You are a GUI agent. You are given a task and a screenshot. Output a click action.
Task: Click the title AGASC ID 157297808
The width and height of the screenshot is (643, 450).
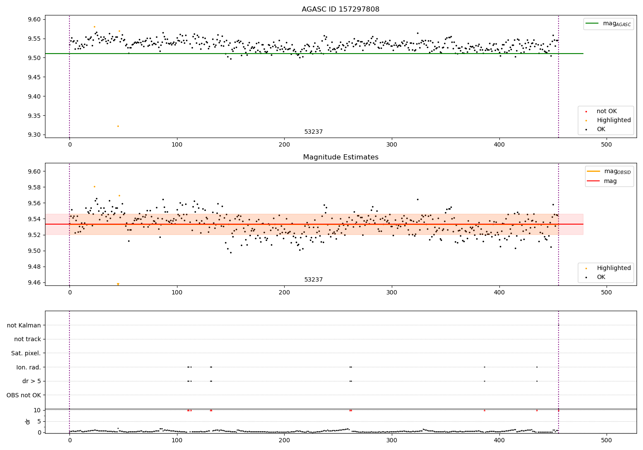[340, 9]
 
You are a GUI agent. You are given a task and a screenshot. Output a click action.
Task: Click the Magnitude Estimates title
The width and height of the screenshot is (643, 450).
[340, 157]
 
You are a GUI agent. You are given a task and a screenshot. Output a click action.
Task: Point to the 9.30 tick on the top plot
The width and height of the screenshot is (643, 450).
[34, 135]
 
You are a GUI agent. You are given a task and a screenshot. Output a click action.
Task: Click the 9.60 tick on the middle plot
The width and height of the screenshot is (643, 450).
[34, 171]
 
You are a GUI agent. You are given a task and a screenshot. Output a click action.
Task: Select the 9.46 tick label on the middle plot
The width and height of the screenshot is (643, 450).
[34, 282]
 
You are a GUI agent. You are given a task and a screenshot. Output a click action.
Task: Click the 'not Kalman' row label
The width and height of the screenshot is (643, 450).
[24, 325]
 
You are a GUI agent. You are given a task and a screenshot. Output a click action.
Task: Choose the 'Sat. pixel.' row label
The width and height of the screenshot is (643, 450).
[26, 353]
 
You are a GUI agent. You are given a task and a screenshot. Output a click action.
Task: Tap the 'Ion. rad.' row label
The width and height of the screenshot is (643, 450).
[28, 367]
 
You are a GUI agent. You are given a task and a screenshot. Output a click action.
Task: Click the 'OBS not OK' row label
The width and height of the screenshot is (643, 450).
[24, 395]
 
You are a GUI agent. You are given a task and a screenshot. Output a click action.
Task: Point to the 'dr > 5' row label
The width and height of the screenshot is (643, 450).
[31, 381]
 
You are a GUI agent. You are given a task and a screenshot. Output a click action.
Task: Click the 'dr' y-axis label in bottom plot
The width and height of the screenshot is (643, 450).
[28, 421]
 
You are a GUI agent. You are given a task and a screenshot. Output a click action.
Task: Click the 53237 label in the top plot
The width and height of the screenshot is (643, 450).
[313, 132]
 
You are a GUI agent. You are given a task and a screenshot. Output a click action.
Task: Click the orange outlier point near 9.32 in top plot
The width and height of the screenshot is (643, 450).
[118, 126]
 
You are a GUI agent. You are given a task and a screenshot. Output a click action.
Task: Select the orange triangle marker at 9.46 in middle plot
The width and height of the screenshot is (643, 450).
[118, 284]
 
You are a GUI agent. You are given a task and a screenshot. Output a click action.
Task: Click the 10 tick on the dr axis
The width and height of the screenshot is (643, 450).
[37, 410]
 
